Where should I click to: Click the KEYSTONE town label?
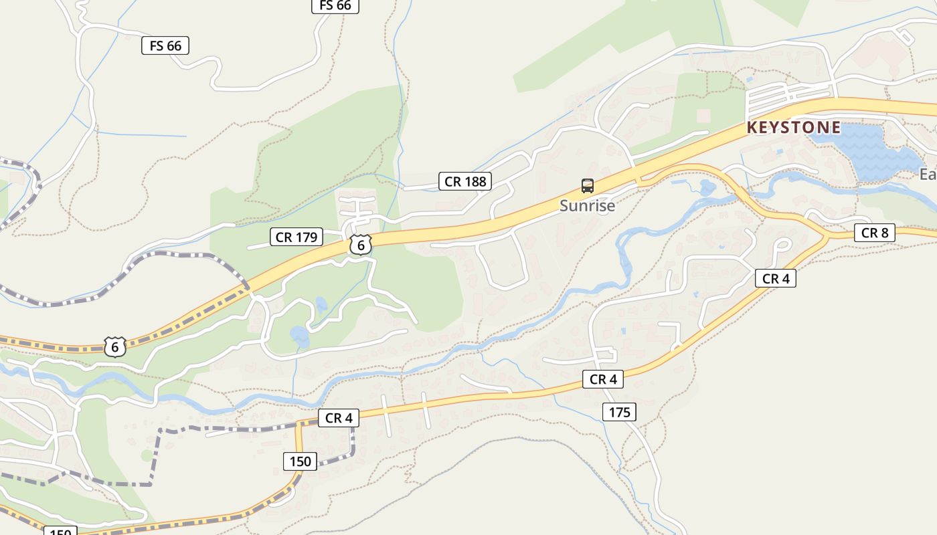tap(793, 127)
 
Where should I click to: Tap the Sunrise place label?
tap(587, 206)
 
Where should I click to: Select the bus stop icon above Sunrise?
tap(588, 186)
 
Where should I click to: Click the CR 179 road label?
tap(296, 237)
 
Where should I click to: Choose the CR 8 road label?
tap(875, 233)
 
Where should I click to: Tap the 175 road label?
tap(619, 413)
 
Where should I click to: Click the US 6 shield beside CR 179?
tap(361, 245)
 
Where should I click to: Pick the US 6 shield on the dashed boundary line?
tap(115, 347)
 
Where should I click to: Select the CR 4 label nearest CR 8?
tap(776, 279)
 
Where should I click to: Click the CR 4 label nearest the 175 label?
tap(603, 380)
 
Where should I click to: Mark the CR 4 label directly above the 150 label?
tap(339, 419)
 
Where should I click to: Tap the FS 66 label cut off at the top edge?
tap(335, 6)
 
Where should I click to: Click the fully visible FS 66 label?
tap(165, 45)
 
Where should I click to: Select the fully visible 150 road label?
tap(300, 461)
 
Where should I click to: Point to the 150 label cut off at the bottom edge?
tap(60, 531)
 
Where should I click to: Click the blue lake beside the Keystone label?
tap(870, 152)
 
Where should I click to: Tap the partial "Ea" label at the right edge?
tap(928, 175)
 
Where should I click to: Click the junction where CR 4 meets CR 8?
tap(828, 236)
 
